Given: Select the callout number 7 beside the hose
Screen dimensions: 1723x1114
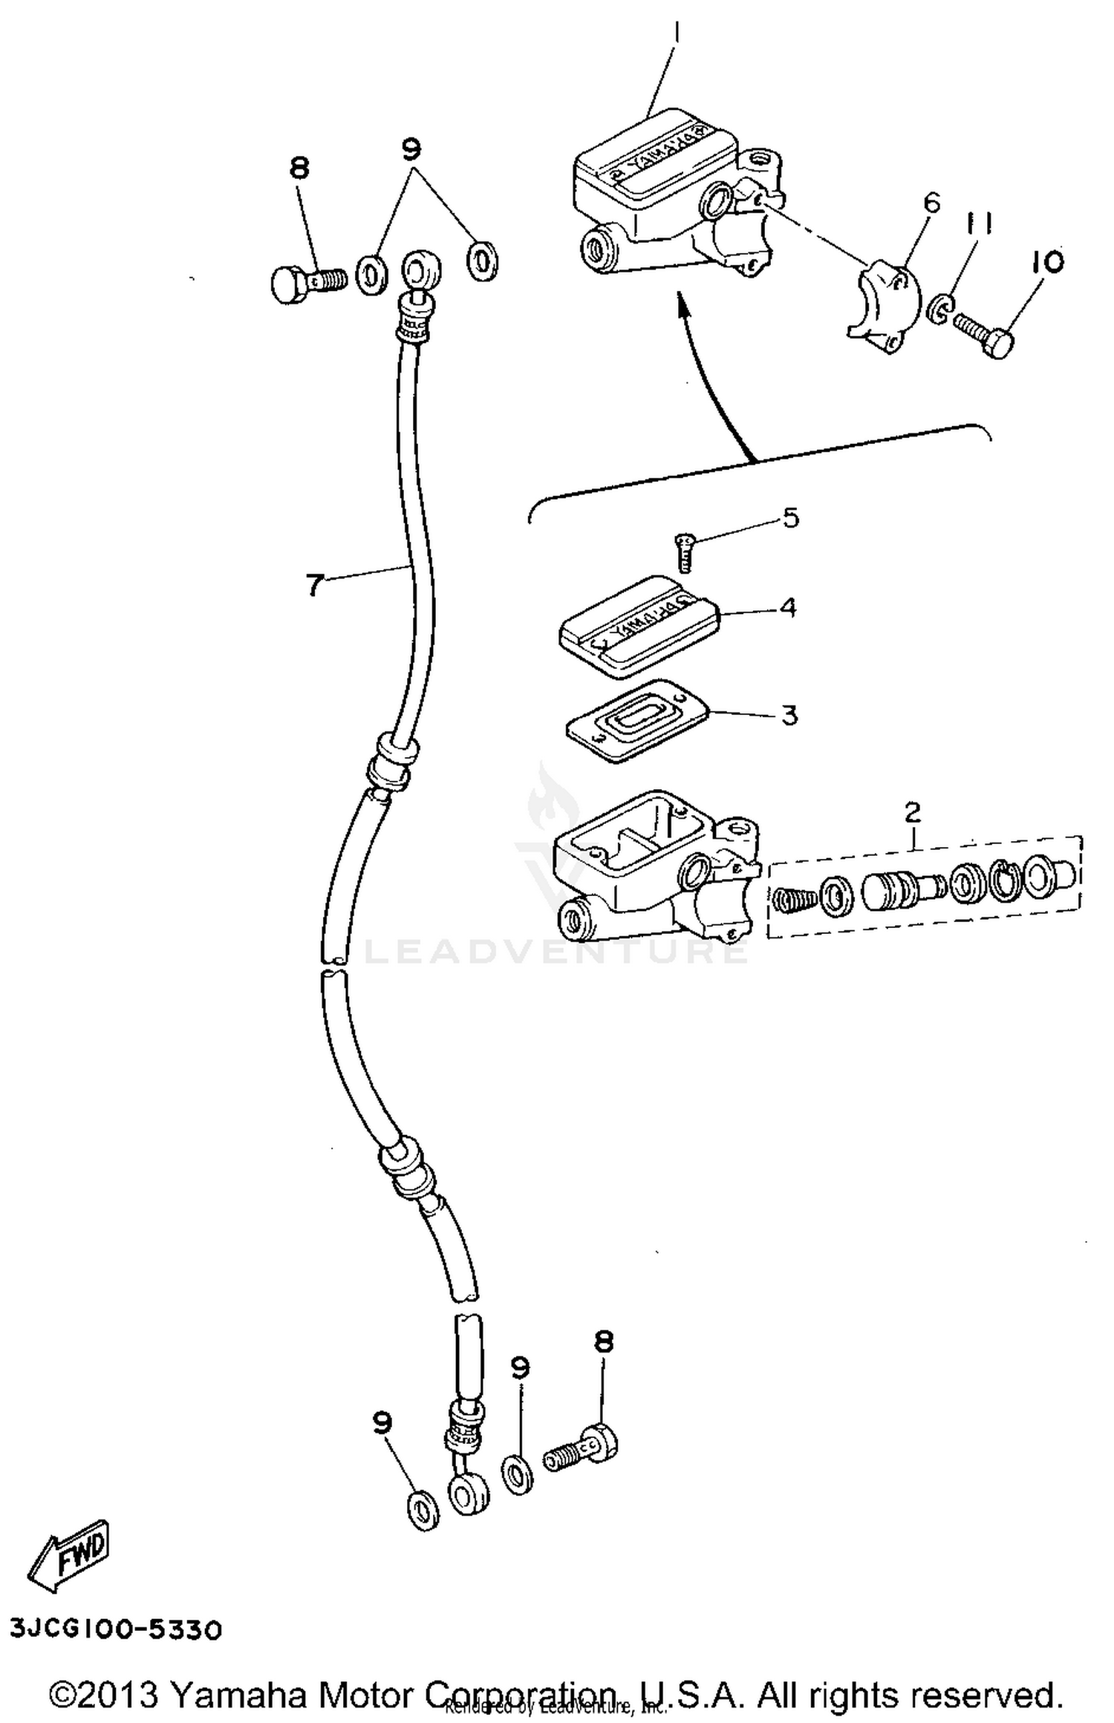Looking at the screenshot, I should tap(314, 585).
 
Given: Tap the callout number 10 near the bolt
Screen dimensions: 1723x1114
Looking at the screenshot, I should tap(1046, 261).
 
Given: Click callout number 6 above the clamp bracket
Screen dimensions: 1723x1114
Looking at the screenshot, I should tap(931, 202).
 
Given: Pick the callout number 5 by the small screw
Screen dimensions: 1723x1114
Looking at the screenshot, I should tap(791, 517).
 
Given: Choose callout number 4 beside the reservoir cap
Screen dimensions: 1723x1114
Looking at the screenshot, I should tap(788, 607).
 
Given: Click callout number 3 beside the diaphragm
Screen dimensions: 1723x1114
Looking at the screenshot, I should tap(789, 715).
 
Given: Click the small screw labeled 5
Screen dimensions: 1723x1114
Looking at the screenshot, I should tap(684, 552).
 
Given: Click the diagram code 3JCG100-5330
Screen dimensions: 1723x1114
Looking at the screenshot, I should tap(116, 1629).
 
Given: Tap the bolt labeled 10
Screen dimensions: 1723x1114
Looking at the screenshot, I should tap(984, 336).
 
